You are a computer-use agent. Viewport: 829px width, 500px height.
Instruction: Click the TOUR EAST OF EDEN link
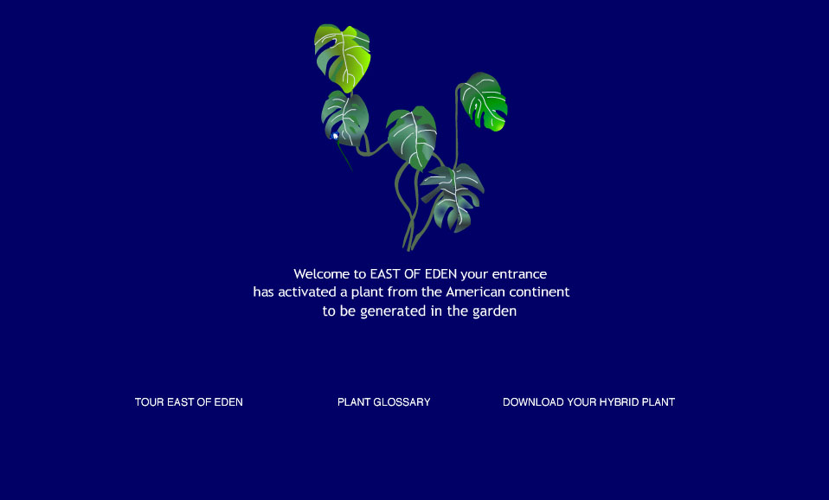(x=189, y=402)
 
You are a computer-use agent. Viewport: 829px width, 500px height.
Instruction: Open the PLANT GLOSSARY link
(x=384, y=402)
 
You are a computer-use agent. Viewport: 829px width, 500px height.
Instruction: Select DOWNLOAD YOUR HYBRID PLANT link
(x=588, y=402)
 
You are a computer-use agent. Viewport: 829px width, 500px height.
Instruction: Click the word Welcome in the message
(x=322, y=273)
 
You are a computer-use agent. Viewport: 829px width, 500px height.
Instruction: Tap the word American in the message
(x=476, y=292)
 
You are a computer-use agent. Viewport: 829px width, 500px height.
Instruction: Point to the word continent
(x=539, y=292)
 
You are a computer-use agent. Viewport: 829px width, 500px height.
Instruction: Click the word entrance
(x=519, y=274)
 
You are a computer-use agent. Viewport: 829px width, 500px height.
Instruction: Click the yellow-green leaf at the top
(x=343, y=57)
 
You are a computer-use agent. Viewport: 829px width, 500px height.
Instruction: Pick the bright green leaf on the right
(x=483, y=101)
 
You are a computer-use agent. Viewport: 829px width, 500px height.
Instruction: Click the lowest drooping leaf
(x=453, y=196)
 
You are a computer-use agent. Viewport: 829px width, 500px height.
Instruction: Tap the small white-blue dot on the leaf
(x=335, y=137)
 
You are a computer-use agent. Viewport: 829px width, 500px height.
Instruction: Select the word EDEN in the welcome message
(x=441, y=273)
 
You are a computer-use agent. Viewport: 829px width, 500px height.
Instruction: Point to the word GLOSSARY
(x=402, y=402)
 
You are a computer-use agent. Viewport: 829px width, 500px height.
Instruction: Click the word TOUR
(x=150, y=402)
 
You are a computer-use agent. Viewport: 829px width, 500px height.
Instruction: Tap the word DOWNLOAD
(x=533, y=402)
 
